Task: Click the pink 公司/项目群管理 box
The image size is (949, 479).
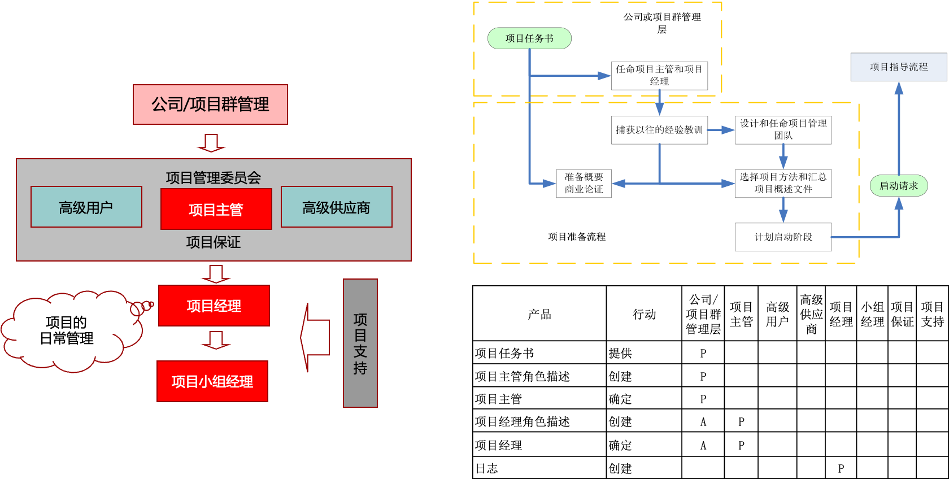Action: (210, 104)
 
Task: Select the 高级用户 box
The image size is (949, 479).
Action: (86, 207)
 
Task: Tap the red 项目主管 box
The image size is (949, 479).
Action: (216, 210)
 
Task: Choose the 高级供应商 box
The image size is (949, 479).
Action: (336, 207)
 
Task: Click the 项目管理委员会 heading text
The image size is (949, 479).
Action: (213, 177)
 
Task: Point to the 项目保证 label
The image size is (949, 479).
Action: (213, 242)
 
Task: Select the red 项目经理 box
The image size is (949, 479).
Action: (214, 306)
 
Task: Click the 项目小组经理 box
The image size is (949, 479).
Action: (212, 381)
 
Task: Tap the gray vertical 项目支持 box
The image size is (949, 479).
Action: (360, 343)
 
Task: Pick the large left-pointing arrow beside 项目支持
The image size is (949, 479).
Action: (314, 338)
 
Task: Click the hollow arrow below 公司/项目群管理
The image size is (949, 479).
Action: (211, 143)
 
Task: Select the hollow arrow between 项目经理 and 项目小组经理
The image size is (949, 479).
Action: (216, 340)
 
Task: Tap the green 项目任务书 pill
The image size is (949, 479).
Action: (529, 38)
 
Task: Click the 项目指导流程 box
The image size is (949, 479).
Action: (898, 67)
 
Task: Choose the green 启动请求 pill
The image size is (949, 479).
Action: (898, 186)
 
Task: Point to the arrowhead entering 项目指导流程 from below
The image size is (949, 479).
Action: (899, 89)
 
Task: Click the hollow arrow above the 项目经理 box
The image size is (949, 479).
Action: (216, 274)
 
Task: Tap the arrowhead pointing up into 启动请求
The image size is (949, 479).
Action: (899, 203)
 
